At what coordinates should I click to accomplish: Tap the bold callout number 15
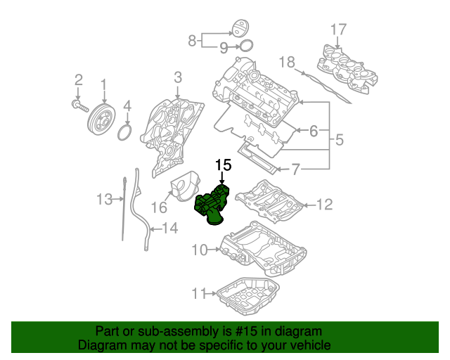pyautogui.click(x=223, y=165)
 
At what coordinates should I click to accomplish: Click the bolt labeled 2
pyautogui.click(x=79, y=105)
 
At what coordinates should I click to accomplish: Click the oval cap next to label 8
pyautogui.click(x=241, y=30)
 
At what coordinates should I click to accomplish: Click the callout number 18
pyautogui.click(x=287, y=62)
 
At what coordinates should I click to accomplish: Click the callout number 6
pyautogui.click(x=314, y=130)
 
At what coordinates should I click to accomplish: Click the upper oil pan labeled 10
pyautogui.click(x=264, y=250)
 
